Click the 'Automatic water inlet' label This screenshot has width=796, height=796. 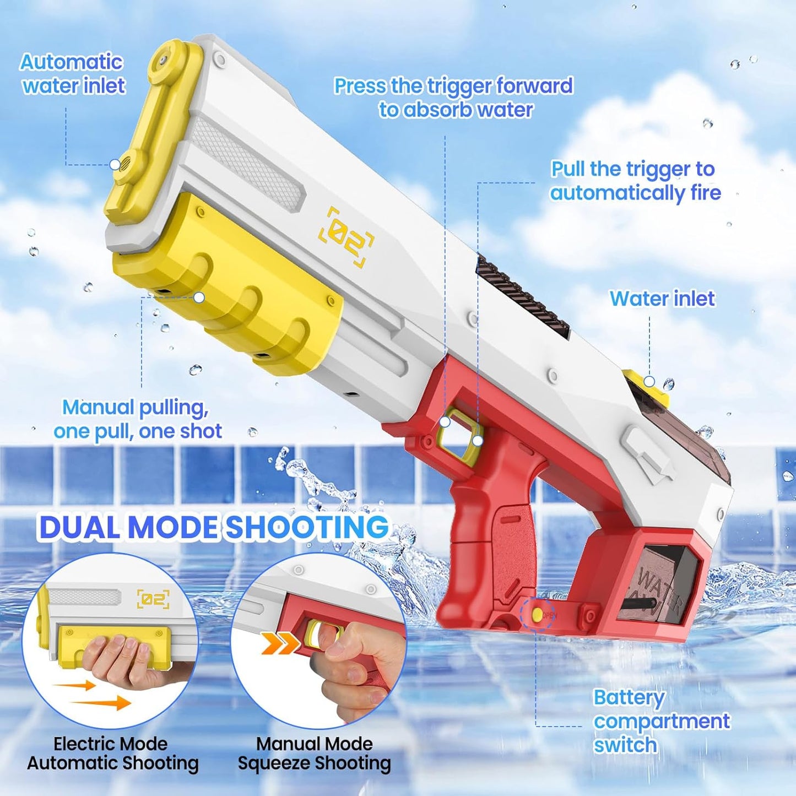(x=73, y=74)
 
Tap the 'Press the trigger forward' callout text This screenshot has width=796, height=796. (x=453, y=86)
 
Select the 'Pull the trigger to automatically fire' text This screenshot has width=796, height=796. (x=635, y=181)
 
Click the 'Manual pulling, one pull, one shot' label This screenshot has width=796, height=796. (x=138, y=419)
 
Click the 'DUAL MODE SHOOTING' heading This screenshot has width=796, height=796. (x=214, y=528)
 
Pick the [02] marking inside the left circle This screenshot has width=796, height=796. (x=153, y=599)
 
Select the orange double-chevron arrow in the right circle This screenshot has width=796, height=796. (x=281, y=644)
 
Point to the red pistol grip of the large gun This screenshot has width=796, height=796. (x=485, y=549)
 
